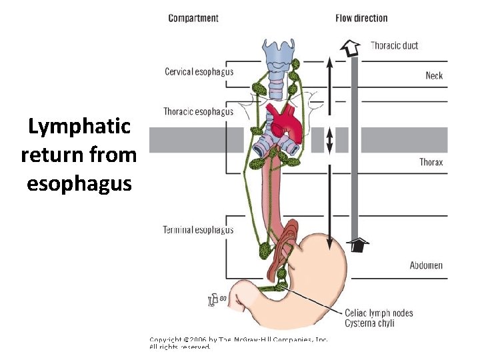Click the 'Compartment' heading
tap(193, 18)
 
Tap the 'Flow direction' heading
tap(361, 18)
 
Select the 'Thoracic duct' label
tap(394, 45)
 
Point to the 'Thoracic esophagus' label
tap(198, 111)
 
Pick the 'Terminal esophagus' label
tap(198, 230)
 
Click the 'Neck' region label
tap(434, 75)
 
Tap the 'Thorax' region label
tap(431, 162)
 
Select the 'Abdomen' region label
tap(426, 265)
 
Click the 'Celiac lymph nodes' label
tap(379, 313)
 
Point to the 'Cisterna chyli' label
tap(369, 323)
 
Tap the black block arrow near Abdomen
tap(359, 245)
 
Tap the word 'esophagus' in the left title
tap(79, 182)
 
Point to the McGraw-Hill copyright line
tap(238, 339)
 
